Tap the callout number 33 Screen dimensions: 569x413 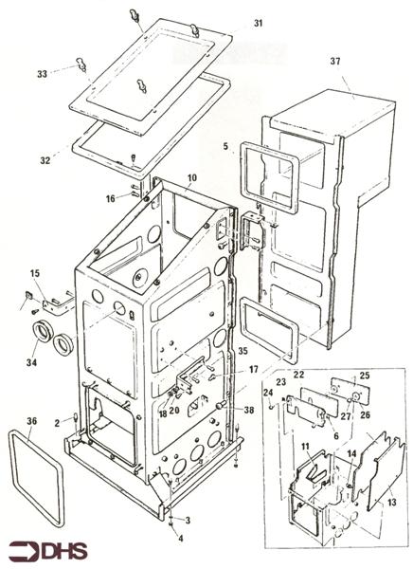click(x=42, y=72)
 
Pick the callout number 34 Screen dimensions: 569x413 click(x=31, y=362)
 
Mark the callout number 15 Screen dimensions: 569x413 click(x=36, y=275)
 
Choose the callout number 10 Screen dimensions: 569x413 click(x=191, y=178)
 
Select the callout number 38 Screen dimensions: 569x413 click(x=249, y=411)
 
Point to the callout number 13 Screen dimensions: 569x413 click(x=393, y=503)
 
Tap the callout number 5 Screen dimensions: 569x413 click(x=224, y=146)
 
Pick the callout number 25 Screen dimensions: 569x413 click(x=364, y=376)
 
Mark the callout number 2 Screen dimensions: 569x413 click(x=57, y=421)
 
